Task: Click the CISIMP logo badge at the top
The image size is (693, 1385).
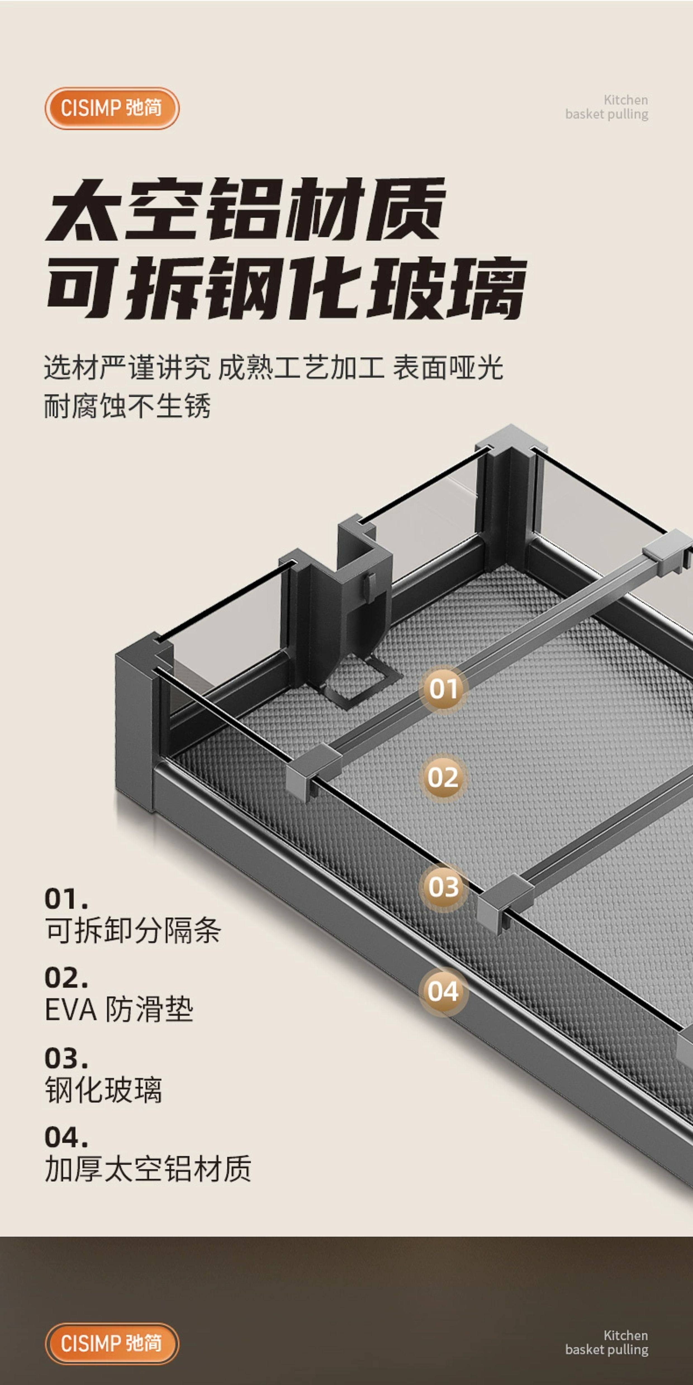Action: (111, 108)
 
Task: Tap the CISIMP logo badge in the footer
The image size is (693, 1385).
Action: (111, 1343)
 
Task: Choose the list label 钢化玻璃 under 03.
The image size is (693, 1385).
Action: (103, 1090)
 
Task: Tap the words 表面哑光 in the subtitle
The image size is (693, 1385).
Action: (448, 368)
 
